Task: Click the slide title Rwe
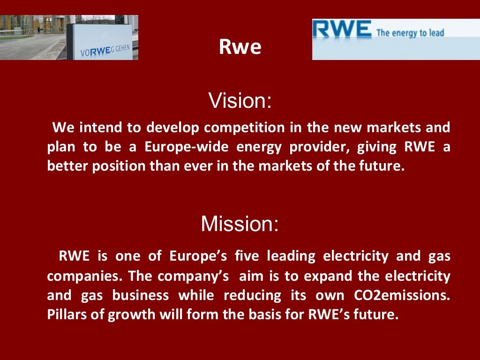pyautogui.click(x=240, y=47)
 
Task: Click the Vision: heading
pyautogui.click(x=240, y=101)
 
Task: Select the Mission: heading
pyautogui.click(x=240, y=224)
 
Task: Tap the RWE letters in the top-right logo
pyautogui.click(x=343, y=30)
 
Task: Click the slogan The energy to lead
pyautogui.click(x=410, y=33)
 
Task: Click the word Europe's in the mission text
pyautogui.click(x=198, y=256)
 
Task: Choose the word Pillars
pyautogui.click(x=69, y=315)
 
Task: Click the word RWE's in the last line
pyautogui.click(x=331, y=315)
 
